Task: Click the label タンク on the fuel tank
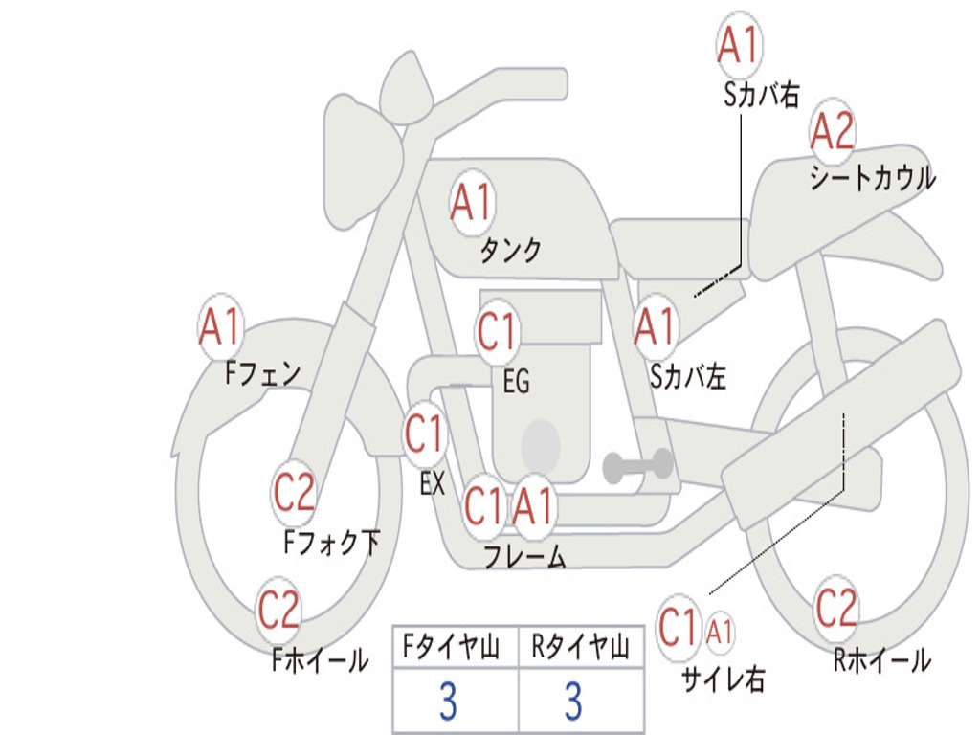pos(510,251)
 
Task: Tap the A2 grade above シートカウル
pos(832,131)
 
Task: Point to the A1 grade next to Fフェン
pos(221,327)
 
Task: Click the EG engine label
pos(516,382)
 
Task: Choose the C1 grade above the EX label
pos(425,434)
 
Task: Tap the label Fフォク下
pos(331,544)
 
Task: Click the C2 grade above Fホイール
pos(279,610)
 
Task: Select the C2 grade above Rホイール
pos(835,607)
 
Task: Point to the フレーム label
pos(524,557)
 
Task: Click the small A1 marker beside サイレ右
pos(720,632)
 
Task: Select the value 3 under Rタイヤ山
pos(572,702)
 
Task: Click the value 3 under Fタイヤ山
pos(447,702)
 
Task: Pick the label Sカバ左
pos(688,377)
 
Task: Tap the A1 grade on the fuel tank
pos(471,202)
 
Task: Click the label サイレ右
pos(723,679)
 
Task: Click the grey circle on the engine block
pos(540,444)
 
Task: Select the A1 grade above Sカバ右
pos(739,45)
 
